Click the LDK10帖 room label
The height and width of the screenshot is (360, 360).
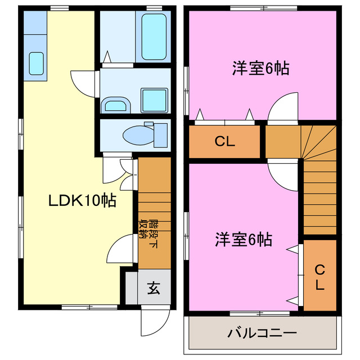click(x=82, y=200)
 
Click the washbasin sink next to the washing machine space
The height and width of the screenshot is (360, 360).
click(x=116, y=104)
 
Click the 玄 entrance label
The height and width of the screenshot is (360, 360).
click(x=154, y=289)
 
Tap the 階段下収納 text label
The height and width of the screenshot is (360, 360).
click(x=148, y=231)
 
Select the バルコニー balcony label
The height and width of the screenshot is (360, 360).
click(x=262, y=333)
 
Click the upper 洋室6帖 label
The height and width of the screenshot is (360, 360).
click(x=260, y=69)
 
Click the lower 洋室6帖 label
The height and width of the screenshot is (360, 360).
click(x=244, y=240)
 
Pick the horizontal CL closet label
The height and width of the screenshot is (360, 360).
click(x=225, y=141)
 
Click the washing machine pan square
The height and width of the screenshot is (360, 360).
click(x=153, y=101)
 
